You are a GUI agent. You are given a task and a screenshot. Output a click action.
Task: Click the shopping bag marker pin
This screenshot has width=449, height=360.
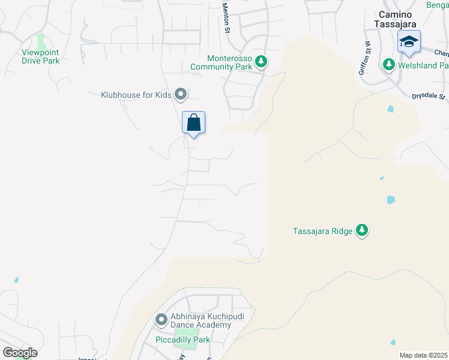point(194,123)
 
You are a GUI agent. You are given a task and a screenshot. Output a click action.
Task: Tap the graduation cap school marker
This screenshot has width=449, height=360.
point(409,42)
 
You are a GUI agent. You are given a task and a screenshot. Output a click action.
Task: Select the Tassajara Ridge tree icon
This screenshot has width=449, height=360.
point(362,230)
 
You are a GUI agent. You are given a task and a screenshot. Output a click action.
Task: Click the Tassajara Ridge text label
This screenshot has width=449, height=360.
point(322,230)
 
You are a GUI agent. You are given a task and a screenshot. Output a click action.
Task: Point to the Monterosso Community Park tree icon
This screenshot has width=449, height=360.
point(261,61)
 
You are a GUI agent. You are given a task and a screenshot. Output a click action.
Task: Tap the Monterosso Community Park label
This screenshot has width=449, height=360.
point(220,62)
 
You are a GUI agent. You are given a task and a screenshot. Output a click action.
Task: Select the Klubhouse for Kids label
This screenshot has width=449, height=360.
point(136,94)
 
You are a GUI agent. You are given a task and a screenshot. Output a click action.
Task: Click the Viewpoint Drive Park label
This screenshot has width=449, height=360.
point(41,56)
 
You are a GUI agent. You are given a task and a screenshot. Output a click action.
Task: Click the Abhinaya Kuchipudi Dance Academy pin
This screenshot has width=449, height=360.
point(161,320)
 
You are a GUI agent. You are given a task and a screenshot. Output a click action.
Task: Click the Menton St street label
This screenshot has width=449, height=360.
point(226,16)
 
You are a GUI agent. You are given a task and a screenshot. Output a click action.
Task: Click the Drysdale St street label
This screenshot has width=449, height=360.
point(428,96)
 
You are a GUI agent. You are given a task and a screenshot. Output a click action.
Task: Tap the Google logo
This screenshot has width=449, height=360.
point(20,353)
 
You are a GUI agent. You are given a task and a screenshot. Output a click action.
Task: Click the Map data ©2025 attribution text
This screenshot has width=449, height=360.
point(423,355)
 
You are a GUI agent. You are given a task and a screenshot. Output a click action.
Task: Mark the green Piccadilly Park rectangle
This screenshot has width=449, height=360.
point(186,334)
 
